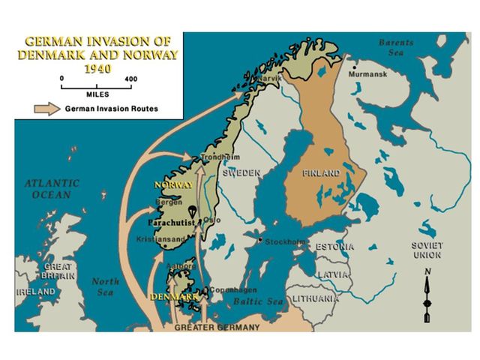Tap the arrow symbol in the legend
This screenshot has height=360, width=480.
pyautogui.click(x=47, y=108)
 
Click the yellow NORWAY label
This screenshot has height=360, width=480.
pyautogui.click(x=174, y=184)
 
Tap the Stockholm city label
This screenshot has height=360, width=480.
pyautogui.click(x=284, y=242)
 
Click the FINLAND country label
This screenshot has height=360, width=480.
pyautogui.click(x=321, y=173)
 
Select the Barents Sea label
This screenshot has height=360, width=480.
pyautogui.click(x=395, y=48)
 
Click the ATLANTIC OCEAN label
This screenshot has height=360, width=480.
pyautogui.click(x=52, y=189)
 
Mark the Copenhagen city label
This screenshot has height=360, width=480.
pyautogui.click(x=234, y=290)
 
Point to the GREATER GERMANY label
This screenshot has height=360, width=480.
pyautogui.click(x=217, y=327)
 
